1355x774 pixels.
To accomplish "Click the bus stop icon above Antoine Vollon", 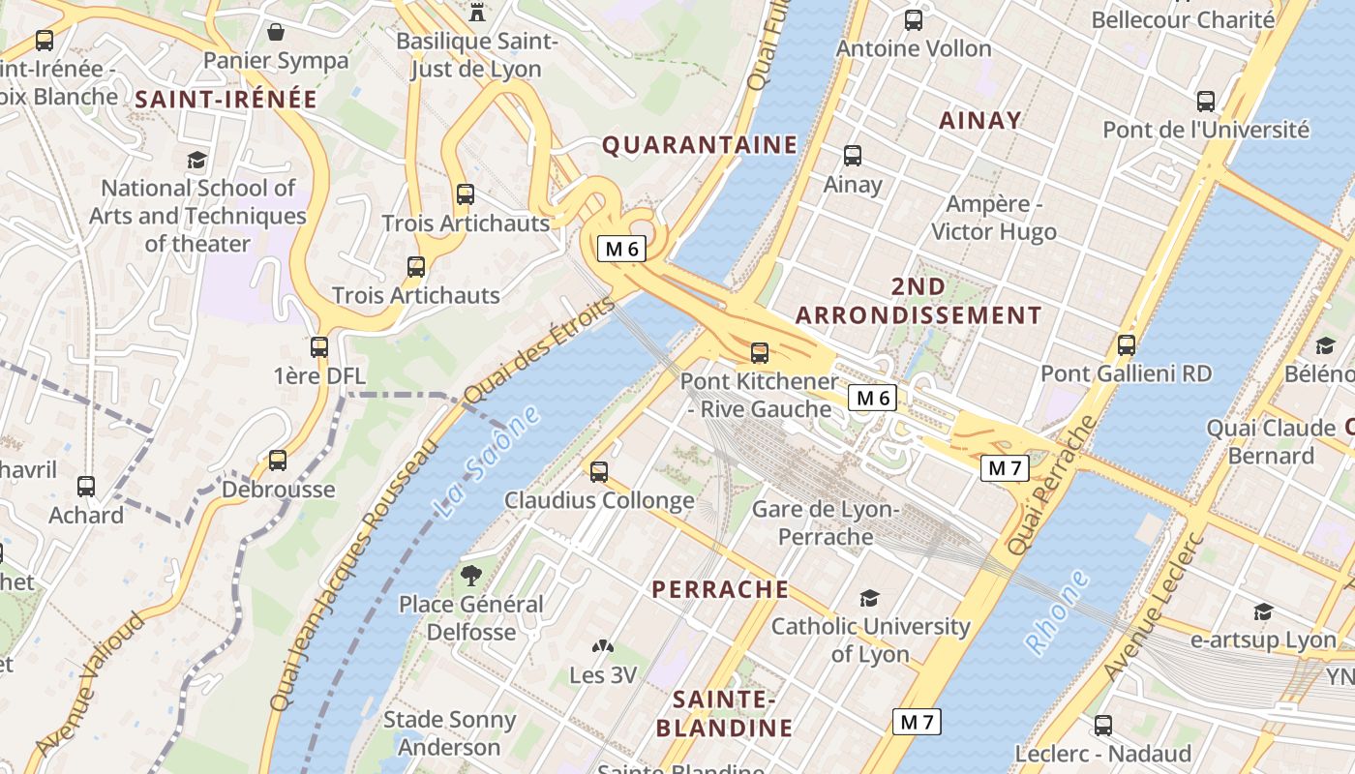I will point(913,19).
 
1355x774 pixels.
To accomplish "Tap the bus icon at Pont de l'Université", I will point(1206,101).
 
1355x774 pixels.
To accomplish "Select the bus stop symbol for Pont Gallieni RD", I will point(1126,344).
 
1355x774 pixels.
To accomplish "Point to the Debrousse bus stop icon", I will point(278,461).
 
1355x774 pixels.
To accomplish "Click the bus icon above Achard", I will point(86,487).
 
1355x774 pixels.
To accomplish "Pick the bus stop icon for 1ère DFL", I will point(319,346).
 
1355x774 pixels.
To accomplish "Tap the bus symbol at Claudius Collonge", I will point(599,472).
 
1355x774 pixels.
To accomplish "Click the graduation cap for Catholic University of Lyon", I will point(869,599).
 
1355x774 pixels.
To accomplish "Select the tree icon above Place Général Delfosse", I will point(471,576).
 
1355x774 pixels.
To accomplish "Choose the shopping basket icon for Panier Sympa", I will point(276,32).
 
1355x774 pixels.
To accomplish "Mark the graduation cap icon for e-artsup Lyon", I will point(1263,611).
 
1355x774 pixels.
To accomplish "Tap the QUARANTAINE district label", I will point(700,145).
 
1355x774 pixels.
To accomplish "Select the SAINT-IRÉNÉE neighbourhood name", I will point(226,99).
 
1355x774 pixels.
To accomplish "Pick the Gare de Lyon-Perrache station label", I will point(826,522).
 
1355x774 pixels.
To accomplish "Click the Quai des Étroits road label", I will point(538,350).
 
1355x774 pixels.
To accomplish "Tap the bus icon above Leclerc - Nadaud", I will point(1103,725).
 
